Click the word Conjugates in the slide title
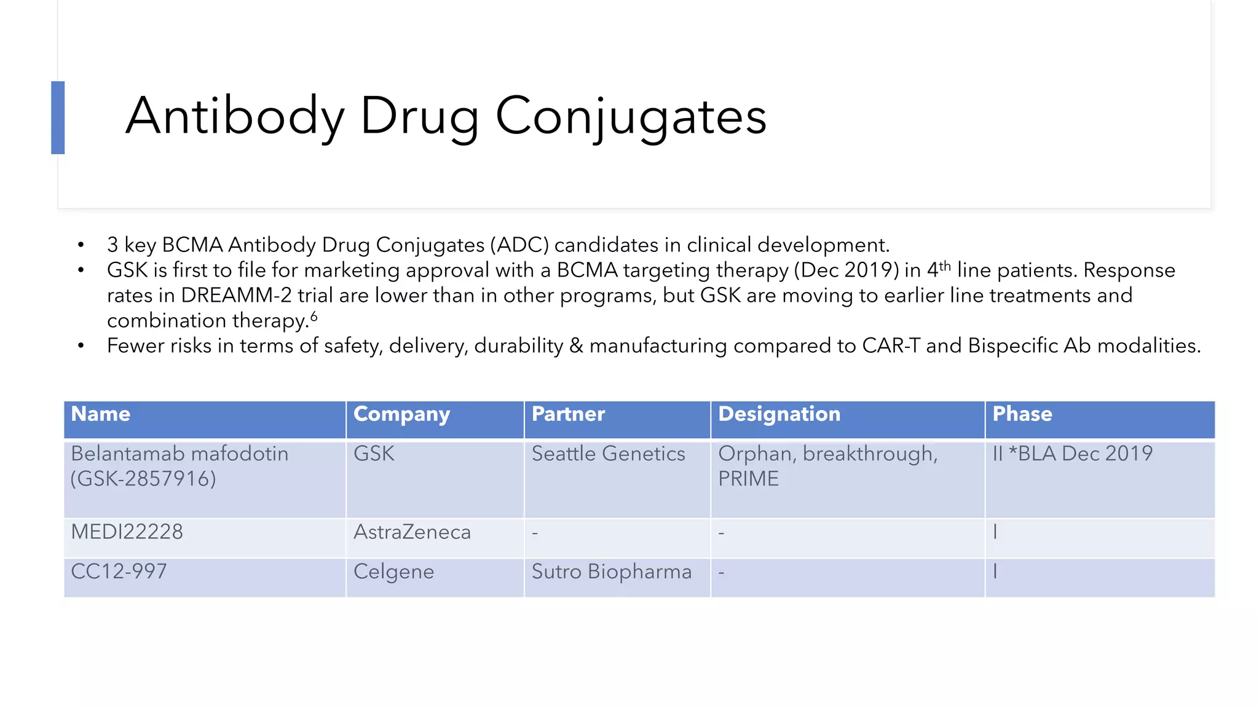pos(631,116)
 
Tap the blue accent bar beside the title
pos(58,117)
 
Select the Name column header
pos(101,414)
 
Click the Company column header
pos(401,414)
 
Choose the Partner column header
pos(568,414)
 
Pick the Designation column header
pos(779,414)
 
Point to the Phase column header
pos(1022,414)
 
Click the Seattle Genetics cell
pos(608,454)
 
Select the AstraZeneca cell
pos(412,532)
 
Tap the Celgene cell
pos(393,572)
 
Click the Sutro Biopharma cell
pos(611,572)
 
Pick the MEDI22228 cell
pos(127,532)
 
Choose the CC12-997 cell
pos(119,572)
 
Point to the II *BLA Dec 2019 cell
pos(1072,454)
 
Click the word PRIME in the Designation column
pos(748,479)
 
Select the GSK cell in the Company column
pos(374,454)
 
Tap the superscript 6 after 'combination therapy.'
pos(314,317)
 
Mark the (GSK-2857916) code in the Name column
pos(143,479)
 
